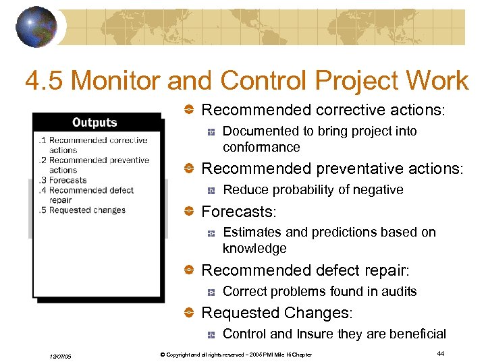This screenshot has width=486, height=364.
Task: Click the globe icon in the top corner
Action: point(36,28)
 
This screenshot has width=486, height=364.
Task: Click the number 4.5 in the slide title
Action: point(45,82)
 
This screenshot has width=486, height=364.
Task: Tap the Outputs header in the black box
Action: point(94,123)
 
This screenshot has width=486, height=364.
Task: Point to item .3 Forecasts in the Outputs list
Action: point(63,180)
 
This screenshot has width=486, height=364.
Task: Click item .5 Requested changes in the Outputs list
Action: point(82,210)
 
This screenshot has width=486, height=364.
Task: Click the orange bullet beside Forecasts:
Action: point(190,212)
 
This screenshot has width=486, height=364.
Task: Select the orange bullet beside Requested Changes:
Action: point(190,313)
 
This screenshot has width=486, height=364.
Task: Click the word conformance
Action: point(261,147)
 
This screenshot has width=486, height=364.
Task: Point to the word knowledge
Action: point(254,248)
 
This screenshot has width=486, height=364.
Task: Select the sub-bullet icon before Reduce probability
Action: point(211,191)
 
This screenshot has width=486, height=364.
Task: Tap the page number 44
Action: point(440,353)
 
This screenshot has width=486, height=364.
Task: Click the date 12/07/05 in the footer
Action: point(61,355)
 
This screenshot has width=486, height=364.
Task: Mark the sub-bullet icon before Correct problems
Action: point(211,293)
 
